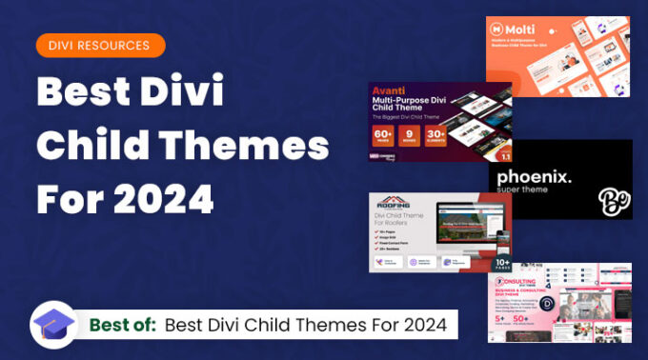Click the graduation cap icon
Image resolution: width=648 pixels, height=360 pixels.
pyautogui.click(x=53, y=326)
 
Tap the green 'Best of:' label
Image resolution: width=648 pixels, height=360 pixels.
pyautogui.click(x=123, y=325)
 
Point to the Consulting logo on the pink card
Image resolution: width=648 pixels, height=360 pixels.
pyautogui.click(x=522, y=282)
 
